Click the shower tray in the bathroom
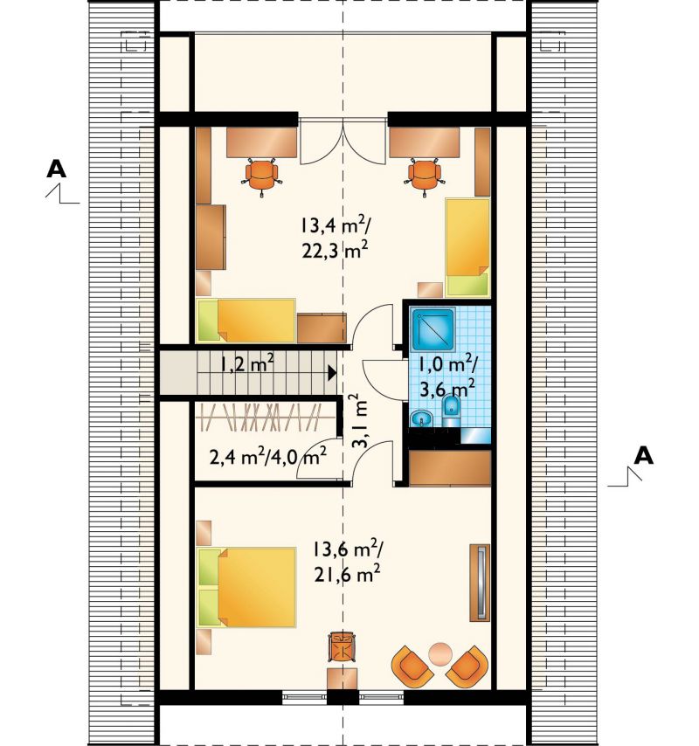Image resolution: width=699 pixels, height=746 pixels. coord(433,329)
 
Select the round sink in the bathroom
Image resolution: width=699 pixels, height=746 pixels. coord(420,418)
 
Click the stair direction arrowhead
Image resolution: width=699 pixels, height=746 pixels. coord(332,372)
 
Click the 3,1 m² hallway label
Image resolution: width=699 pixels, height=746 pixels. coord(360,420)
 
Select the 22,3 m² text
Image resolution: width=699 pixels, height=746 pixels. coord(335,250)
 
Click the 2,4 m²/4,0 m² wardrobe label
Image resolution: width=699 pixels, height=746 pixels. coord(268,457)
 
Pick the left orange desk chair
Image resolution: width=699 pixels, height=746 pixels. coord(262,176)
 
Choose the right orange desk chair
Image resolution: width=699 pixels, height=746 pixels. coord(425,176)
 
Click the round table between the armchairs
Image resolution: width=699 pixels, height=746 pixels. coord(440,654)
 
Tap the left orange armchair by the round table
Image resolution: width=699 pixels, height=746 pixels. coord(412,666)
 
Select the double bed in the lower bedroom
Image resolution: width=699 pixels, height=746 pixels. coord(247,587)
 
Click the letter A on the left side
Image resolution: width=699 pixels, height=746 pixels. coord(56,169)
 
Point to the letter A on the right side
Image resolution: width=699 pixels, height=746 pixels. coord(643,455)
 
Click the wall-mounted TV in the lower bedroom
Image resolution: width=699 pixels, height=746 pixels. coord(480,583)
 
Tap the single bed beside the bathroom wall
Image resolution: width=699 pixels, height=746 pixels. coord(467,248)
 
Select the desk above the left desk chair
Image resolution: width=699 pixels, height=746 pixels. coord(261,142)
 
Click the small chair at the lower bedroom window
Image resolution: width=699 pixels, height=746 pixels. coord(342,646)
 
